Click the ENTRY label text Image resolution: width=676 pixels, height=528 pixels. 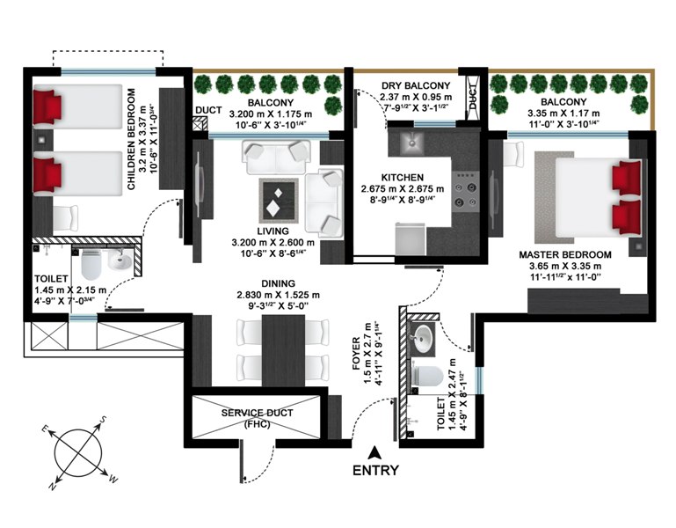pyautogui.click(x=375, y=470)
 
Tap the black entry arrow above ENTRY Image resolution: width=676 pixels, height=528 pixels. pyautogui.click(x=374, y=452)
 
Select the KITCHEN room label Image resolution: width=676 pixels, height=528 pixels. pyautogui.click(x=403, y=178)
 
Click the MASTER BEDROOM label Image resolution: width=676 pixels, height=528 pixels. pyautogui.click(x=564, y=254)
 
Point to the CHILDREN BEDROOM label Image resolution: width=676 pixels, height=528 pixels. pyautogui.click(x=132, y=139)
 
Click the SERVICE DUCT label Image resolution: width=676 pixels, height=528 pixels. pyautogui.click(x=257, y=413)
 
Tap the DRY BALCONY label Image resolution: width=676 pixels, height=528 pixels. pyautogui.click(x=416, y=85)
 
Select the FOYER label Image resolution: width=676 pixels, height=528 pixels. pyautogui.click(x=356, y=354)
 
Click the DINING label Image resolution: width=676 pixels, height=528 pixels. pyautogui.click(x=279, y=283)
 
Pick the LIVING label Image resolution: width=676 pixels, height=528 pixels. pyautogui.click(x=273, y=231)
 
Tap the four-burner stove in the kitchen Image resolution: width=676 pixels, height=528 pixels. pyautogui.click(x=467, y=188)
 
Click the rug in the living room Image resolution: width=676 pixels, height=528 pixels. pyautogui.click(x=279, y=200)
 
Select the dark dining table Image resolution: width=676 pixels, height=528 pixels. pyautogui.click(x=283, y=350)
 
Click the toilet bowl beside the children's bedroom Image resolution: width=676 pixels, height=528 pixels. pyautogui.click(x=91, y=263)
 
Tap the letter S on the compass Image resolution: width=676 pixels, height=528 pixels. pyautogui.click(x=103, y=420)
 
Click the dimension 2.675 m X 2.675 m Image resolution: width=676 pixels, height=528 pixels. pyautogui.click(x=403, y=188)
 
